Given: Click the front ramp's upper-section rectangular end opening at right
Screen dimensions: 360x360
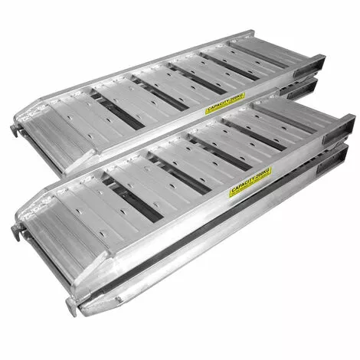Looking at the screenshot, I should pos(342,128).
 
